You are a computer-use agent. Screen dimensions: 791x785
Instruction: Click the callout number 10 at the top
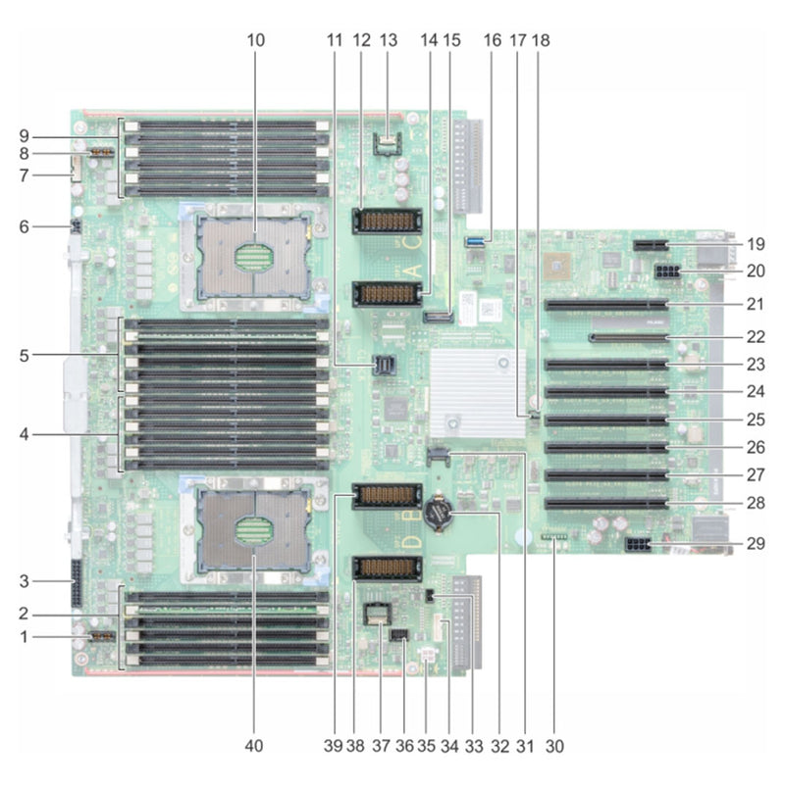255,40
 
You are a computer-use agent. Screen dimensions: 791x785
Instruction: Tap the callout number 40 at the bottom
255,747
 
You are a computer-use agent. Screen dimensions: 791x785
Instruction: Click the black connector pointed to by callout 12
384,220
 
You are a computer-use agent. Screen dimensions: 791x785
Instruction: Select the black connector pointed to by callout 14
384,292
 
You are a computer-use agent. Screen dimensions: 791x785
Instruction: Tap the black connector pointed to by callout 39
384,496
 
